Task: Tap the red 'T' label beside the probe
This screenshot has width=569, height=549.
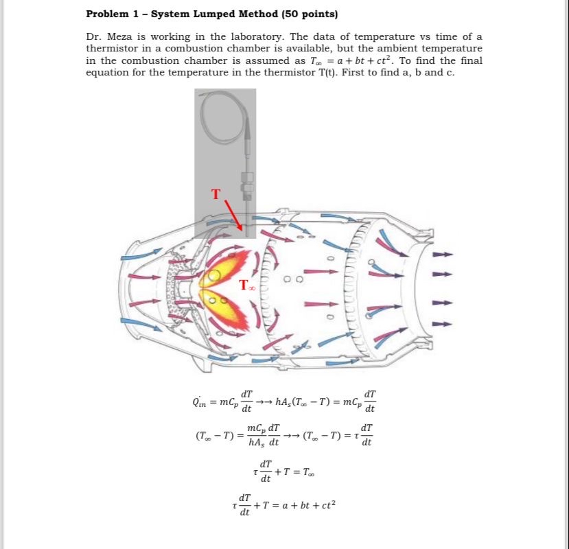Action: tap(216, 194)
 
